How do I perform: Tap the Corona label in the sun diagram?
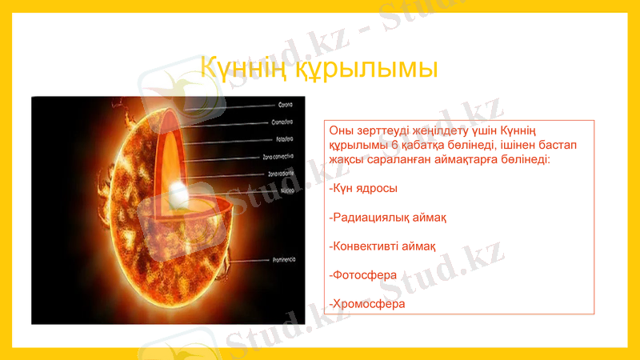click(285, 105)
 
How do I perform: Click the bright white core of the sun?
click(177, 194)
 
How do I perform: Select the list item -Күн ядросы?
click(363, 188)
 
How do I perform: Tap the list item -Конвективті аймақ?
click(383, 246)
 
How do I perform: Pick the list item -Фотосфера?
click(363, 274)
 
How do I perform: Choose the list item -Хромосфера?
click(367, 304)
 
